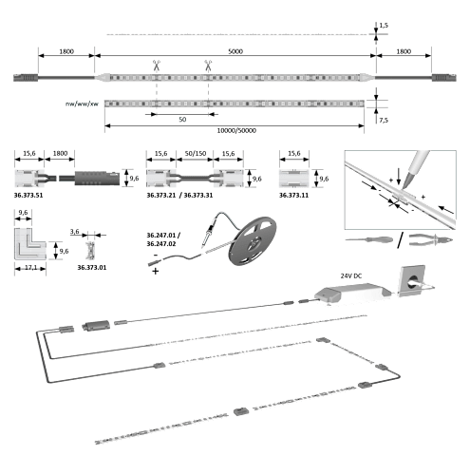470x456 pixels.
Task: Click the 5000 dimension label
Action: tap(235, 51)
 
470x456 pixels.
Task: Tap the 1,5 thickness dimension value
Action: tap(384, 26)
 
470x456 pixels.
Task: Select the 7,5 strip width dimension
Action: tap(384, 120)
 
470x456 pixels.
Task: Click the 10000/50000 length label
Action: tap(236, 130)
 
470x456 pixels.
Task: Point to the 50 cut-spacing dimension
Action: tap(182, 120)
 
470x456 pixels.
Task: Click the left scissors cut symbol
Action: tap(157, 66)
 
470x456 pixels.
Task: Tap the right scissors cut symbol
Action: tap(208, 66)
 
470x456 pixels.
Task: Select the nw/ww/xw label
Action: tap(82, 104)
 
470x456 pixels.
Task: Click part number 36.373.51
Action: tap(28, 195)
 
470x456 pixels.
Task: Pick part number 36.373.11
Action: tap(293, 195)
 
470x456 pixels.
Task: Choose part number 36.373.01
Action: tap(92, 268)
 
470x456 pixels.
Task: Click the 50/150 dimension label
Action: tap(196, 154)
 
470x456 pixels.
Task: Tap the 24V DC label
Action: tap(351, 276)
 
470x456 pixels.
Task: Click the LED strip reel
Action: tap(254, 240)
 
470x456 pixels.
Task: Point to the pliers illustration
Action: tap(430, 239)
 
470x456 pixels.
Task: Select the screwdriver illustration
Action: tap(369, 239)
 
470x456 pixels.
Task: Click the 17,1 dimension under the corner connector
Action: tap(30, 268)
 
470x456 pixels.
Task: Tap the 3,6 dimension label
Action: tap(75, 232)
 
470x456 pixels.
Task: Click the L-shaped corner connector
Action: tap(29, 243)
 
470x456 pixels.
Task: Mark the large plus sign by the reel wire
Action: tap(156, 271)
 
